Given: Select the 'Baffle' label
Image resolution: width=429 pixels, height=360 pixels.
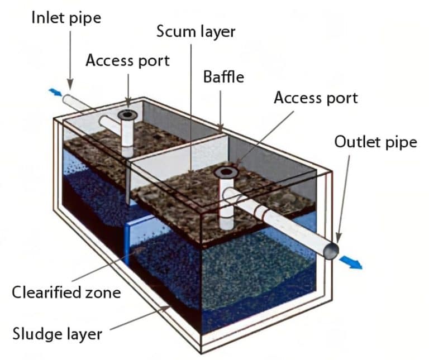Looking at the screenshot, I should click(x=223, y=76).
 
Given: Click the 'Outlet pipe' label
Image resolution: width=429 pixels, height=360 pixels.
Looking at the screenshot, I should click(x=375, y=142).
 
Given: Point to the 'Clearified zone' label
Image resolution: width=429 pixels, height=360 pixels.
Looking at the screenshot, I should click(x=66, y=291).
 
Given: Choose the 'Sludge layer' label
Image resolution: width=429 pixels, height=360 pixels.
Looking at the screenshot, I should click(x=58, y=334).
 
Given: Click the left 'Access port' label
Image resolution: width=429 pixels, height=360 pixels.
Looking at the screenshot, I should click(x=127, y=60).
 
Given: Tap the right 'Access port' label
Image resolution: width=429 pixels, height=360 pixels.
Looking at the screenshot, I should click(x=316, y=98).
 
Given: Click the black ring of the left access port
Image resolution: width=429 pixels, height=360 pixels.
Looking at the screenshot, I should click(x=128, y=116).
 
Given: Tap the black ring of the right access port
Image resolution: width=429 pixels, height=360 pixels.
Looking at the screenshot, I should click(x=226, y=172).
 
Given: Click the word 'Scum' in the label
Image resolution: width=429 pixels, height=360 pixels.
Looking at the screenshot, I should click(x=174, y=32).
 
